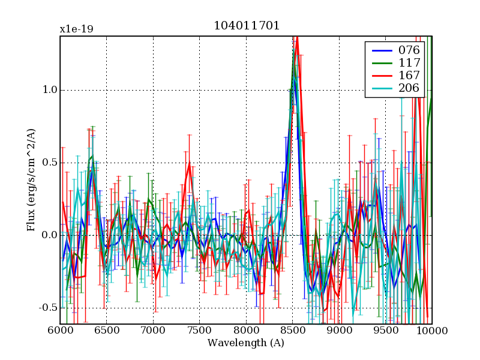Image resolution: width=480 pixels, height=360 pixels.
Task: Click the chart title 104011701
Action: click(x=246, y=26)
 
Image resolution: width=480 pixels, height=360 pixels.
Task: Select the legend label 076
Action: click(x=409, y=49)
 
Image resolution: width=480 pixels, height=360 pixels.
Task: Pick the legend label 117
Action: click(x=409, y=62)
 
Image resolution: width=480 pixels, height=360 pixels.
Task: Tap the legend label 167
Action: click(x=409, y=76)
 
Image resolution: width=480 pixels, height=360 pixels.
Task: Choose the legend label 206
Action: click(x=409, y=89)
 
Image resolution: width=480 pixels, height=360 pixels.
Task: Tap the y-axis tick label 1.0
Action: click(x=49, y=90)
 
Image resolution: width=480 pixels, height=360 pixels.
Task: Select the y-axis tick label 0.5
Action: click(x=49, y=163)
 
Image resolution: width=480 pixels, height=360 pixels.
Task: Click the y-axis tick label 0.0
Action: click(x=49, y=235)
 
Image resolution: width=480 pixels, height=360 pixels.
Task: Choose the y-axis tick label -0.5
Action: click(x=47, y=308)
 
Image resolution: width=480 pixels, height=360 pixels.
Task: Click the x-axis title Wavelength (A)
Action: click(x=246, y=343)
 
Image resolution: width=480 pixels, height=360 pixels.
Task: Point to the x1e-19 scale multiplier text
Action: click(x=76, y=29)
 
